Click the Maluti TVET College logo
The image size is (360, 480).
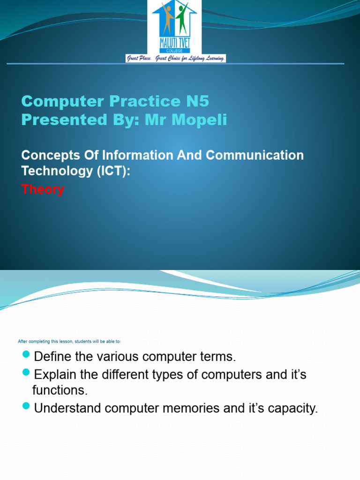(x=175, y=27)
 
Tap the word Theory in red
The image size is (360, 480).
(x=43, y=189)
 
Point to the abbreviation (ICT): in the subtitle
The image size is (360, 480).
(x=112, y=171)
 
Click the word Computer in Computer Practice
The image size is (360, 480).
(x=57, y=101)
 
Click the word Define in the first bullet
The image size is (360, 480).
(x=53, y=357)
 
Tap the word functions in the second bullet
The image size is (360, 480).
(x=60, y=390)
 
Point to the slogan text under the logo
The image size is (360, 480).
(x=175, y=59)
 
